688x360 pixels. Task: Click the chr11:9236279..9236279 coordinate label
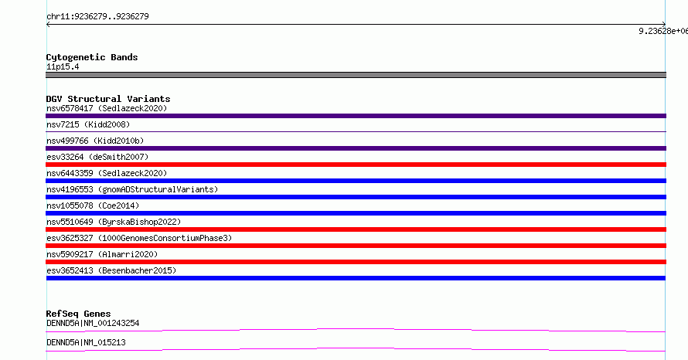pos(97,17)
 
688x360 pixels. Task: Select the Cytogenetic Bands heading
pos(92,57)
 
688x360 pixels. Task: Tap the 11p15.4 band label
pos(63,66)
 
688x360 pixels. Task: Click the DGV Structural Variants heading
pos(108,99)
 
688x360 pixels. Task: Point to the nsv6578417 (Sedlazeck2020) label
pos(107,108)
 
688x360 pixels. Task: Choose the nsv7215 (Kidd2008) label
pos(88,124)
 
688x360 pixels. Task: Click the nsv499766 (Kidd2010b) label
pos(95,141)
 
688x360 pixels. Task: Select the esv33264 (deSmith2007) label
pos(97,157)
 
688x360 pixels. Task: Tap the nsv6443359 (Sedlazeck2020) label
pos(107,173)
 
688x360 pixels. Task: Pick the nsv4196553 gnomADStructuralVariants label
pos(132,189)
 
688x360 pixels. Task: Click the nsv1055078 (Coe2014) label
pos(93,205)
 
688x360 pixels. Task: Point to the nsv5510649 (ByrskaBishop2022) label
pos(114,222)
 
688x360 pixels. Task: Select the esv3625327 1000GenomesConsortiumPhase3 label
pos(139,238)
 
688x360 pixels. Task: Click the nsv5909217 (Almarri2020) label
pos(102,254)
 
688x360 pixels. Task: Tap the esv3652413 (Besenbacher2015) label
pos(111,270)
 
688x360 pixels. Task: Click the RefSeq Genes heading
pos(79,314)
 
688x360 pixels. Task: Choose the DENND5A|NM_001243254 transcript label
pos(93,323)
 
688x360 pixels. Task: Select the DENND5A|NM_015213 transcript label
pos(86,342)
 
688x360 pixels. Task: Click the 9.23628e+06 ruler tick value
pos(663,31)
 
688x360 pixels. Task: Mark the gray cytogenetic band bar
pos(356,75)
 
